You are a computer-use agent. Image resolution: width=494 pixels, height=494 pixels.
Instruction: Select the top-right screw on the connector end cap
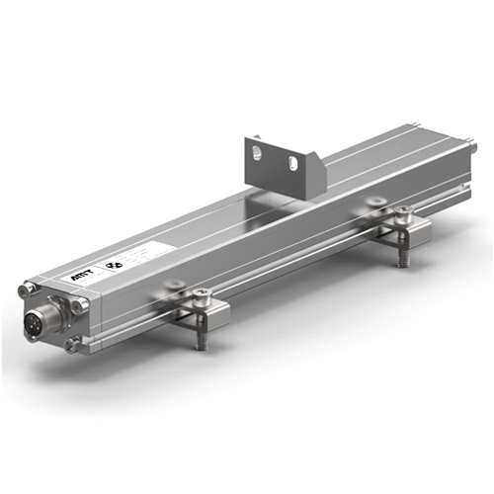(x=78, y=307)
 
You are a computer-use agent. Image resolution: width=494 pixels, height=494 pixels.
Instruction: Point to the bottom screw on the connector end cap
(x=70, y=345)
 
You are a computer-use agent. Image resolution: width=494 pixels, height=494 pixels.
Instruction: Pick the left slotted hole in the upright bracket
(x=256, y=152)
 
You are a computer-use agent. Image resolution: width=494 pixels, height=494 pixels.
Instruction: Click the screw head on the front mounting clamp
(x=202, y=294)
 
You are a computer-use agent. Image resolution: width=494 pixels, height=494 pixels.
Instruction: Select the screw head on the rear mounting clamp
(x=403, y=211)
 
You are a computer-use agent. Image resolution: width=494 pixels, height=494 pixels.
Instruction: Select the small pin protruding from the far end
(x=472, y=147)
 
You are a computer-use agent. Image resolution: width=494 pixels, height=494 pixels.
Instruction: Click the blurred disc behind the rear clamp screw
(x=373, y=204)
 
